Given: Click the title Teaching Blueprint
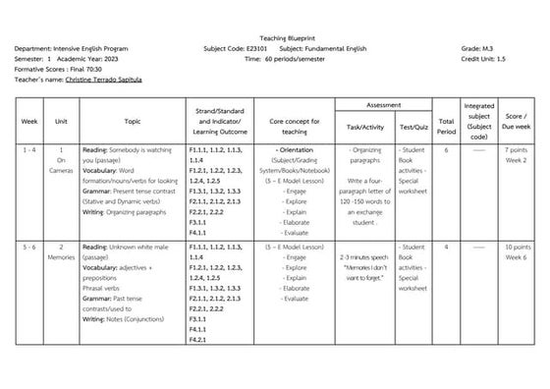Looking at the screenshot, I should [275, 34].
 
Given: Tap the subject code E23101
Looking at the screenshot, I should [257, 46].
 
